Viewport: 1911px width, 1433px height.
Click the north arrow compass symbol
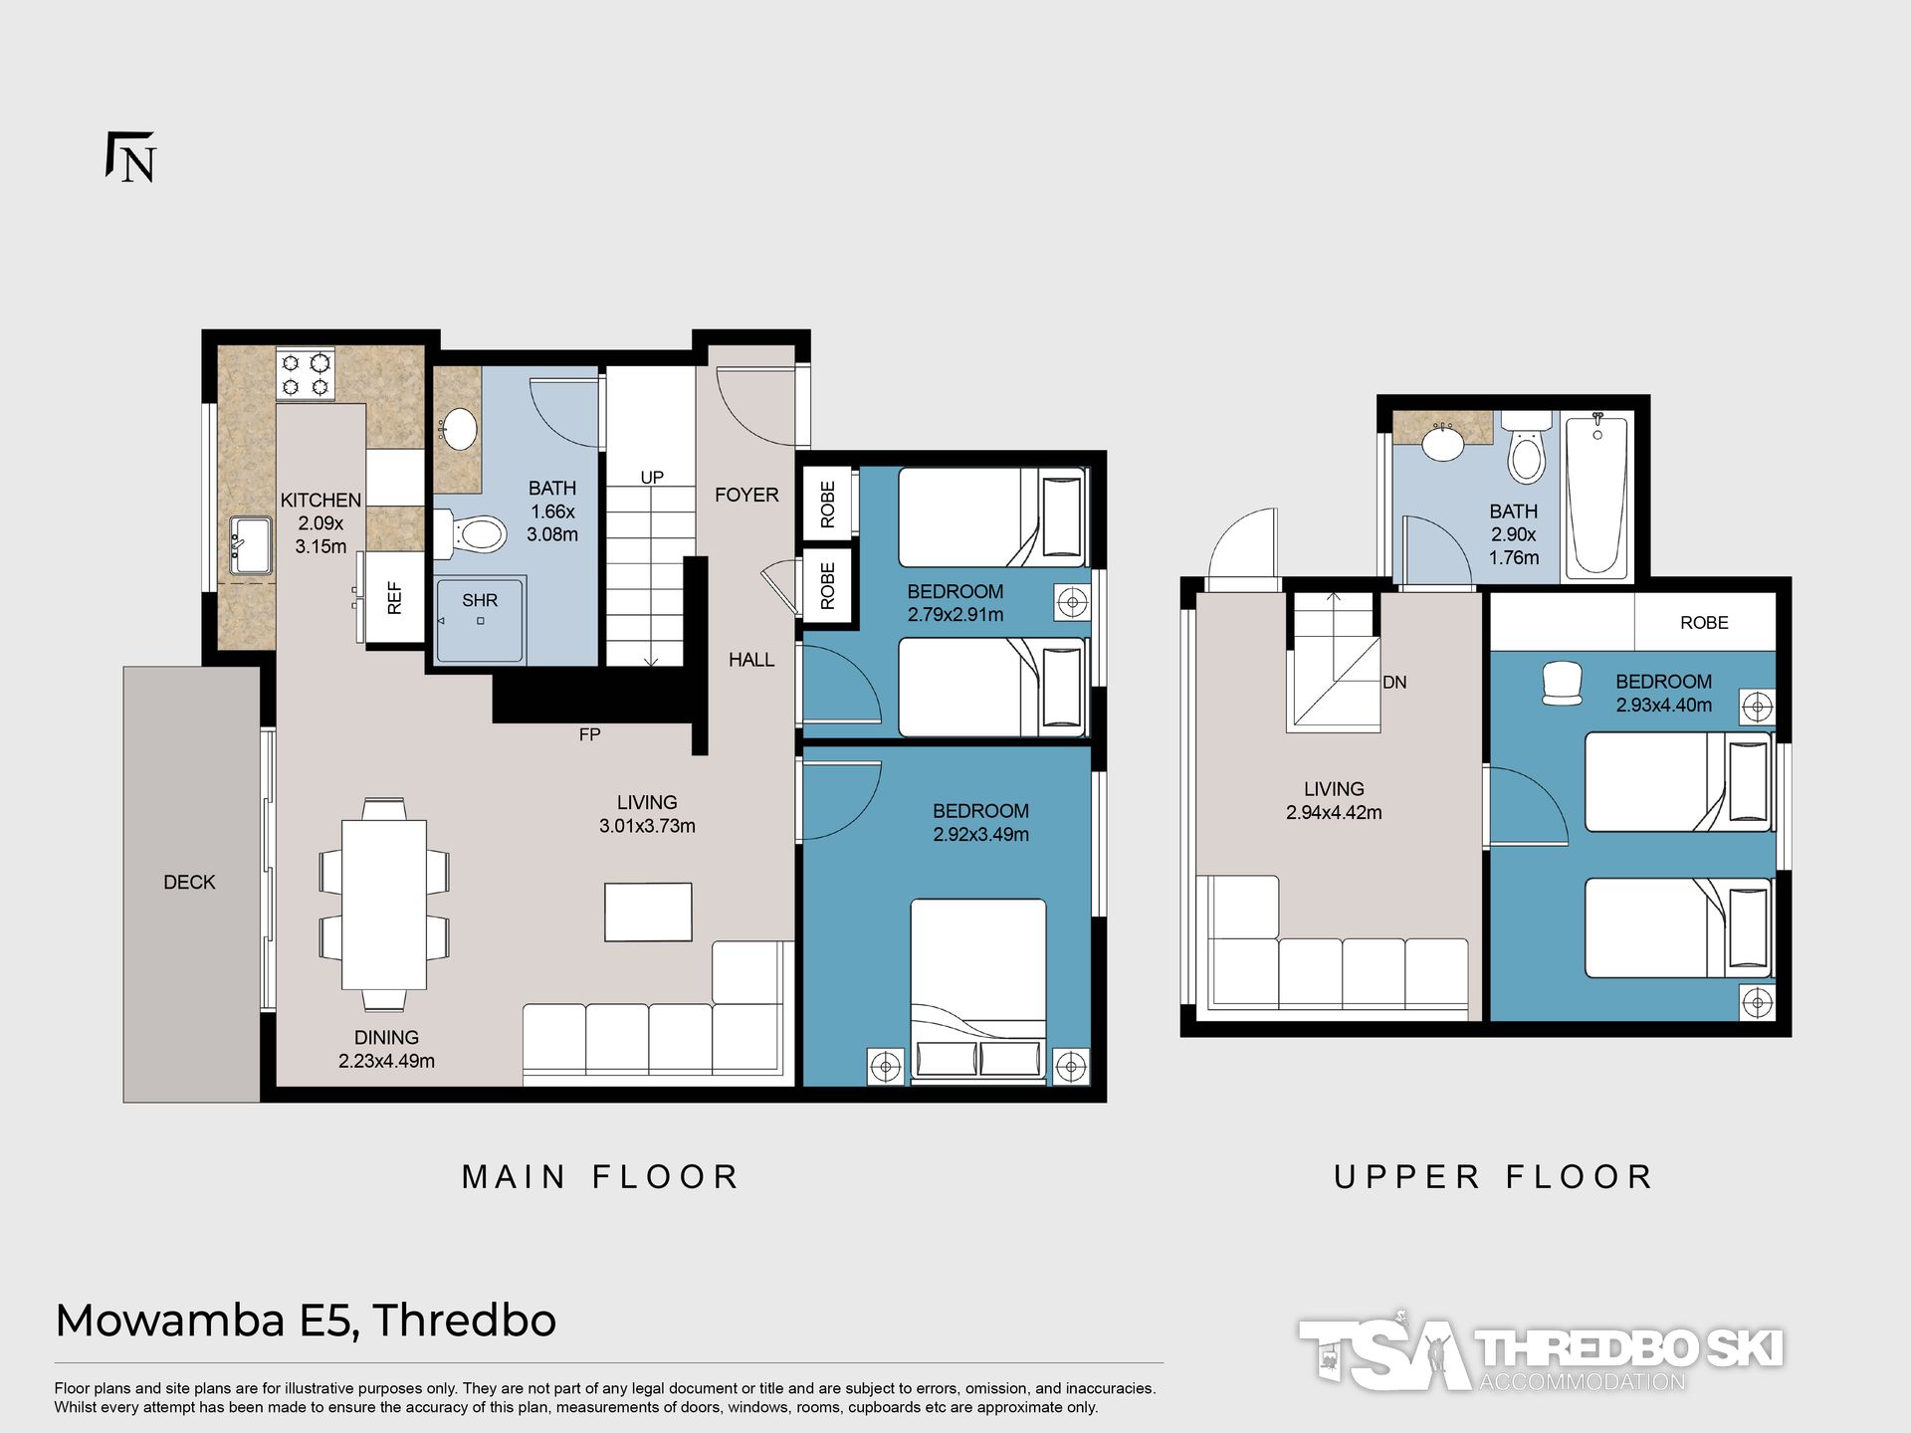pyautogui.click(x=131, y=157)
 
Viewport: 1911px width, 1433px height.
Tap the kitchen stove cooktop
pyautogui.click(x=306, y=374)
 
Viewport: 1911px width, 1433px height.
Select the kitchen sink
pyautogui.click(x=250, y=544)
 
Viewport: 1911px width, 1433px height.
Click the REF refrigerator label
pyautogui.click(x=394, y=597)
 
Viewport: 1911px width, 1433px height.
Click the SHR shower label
pyautogui.click(x=480, y=600)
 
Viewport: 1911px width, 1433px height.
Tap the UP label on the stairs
pyautogui.click(x=652, y=478)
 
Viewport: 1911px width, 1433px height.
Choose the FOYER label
pyautogui.click(x=746, y=495)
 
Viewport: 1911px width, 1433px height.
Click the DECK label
pyautogui.click(x=189, y=882)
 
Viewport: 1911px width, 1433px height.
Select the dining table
pyautogui.click(x=384, y=904)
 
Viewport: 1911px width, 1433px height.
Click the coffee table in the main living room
pyautogui.click(x=649, y=912)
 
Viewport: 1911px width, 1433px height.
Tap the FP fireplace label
pyautogui.click(x=589, y=734)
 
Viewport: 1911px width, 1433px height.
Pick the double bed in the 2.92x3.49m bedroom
pyautogui.click(x=978, y=989)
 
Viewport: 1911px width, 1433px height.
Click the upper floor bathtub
pyautogui.click(x=1596, y=496)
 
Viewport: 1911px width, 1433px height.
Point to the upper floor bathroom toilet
pyautogui.click(x=1527, y=449)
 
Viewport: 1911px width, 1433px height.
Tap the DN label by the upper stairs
pyautogui.click(x=1394, y=683)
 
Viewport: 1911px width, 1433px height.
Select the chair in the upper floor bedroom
pyautogui.click(x=1562, y=684)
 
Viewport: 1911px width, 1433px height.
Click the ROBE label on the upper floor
pyautogui.click(x=1704, y=623)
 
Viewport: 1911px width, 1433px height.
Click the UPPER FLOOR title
pyautogui.click(x=1493, y=1177)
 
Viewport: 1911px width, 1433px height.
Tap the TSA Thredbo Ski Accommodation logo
pyautogui.click(x=1541, y=1351)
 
